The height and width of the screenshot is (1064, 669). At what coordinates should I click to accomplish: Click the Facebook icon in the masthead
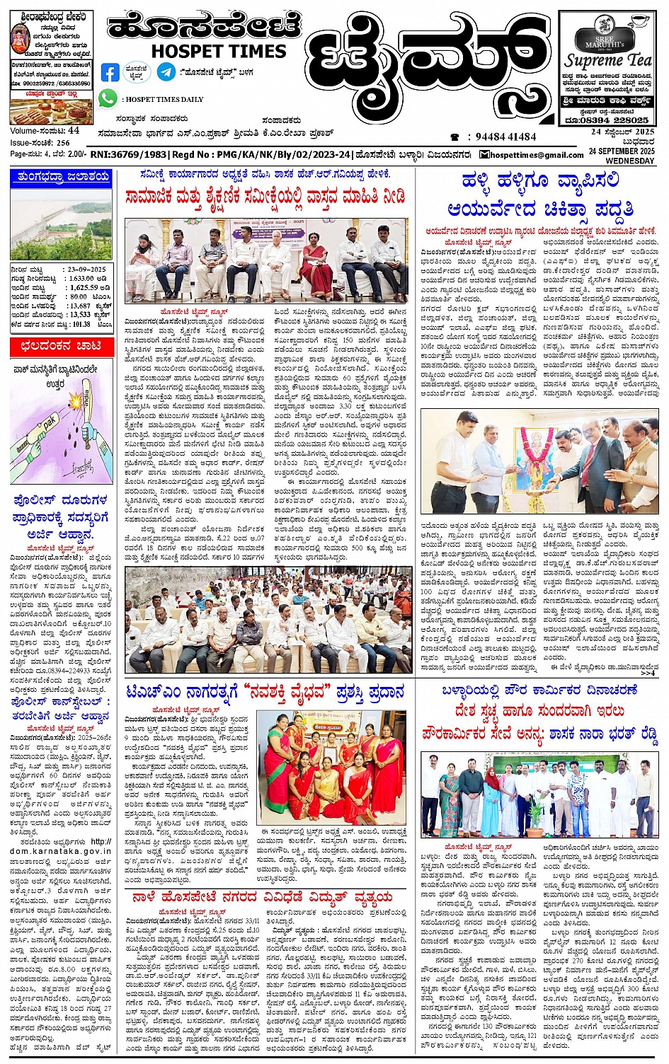(x=110, y=72)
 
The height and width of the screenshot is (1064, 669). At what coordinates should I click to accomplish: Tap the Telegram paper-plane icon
(x=166, y=71)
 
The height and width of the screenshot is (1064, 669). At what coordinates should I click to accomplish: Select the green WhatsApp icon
(x=108, y=99)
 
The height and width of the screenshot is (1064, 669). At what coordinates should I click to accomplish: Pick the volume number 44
(x=74, y=131)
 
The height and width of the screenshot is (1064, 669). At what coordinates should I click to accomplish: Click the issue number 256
(x=63, y=142)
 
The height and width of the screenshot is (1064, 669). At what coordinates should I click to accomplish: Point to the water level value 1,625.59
(x=84, y=288)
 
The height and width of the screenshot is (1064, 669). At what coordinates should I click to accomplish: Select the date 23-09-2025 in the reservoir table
(x=87, y=270)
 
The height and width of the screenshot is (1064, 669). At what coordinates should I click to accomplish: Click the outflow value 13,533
(x=80, y=315)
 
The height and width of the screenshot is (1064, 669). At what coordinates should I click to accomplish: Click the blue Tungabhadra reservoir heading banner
(x=61, y=178)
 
